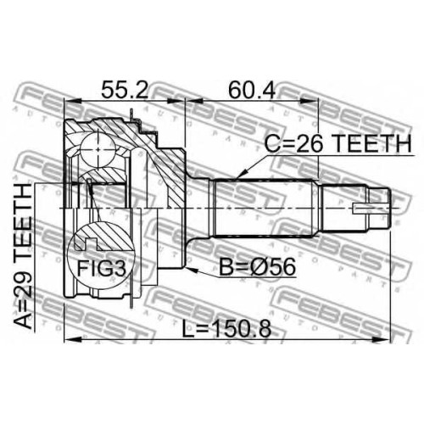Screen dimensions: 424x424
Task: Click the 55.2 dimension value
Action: pyautogui.click(x=125, y=89)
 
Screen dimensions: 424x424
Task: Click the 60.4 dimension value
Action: pyautogui.click(x=252, y=89)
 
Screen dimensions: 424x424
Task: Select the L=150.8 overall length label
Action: pyautogui.click(x=226, y=329)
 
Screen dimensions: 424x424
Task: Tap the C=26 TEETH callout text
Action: pyautogui.click(x=338, y=143)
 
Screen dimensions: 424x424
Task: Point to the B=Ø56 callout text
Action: pyautogui.click(x=258, y=267)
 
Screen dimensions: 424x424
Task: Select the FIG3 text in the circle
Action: pyautogui.click(x=101, y=268)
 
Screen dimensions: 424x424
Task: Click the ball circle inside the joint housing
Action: pyautogui.click(x=98, y=149)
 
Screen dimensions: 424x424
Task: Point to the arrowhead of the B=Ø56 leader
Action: pyautogui.click(x=190, y=270)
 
